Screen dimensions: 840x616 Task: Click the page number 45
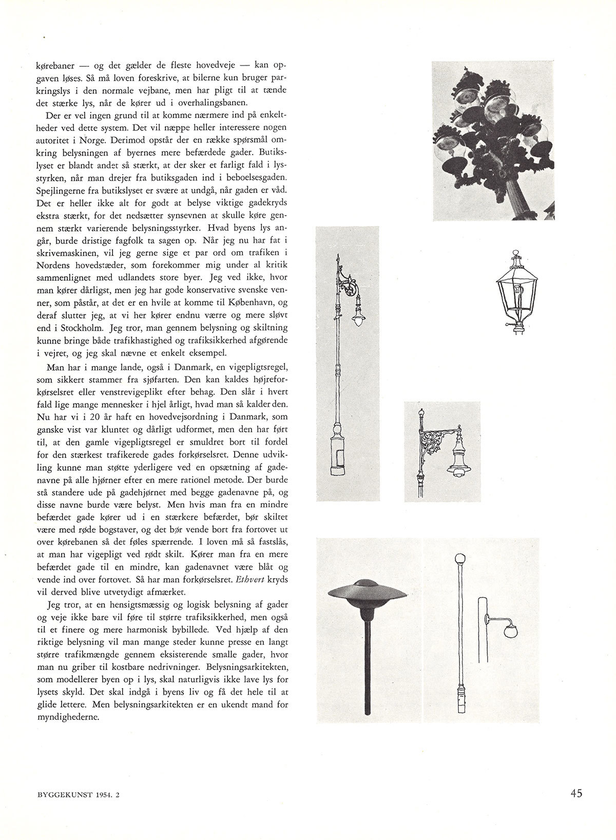click(x=576, y=793)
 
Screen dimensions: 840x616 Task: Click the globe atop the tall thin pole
click(x=460, y=558)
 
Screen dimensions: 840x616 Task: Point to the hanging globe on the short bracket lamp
click(x=510, y=631)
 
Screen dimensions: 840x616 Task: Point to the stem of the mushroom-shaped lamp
click(x=367, y=667)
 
